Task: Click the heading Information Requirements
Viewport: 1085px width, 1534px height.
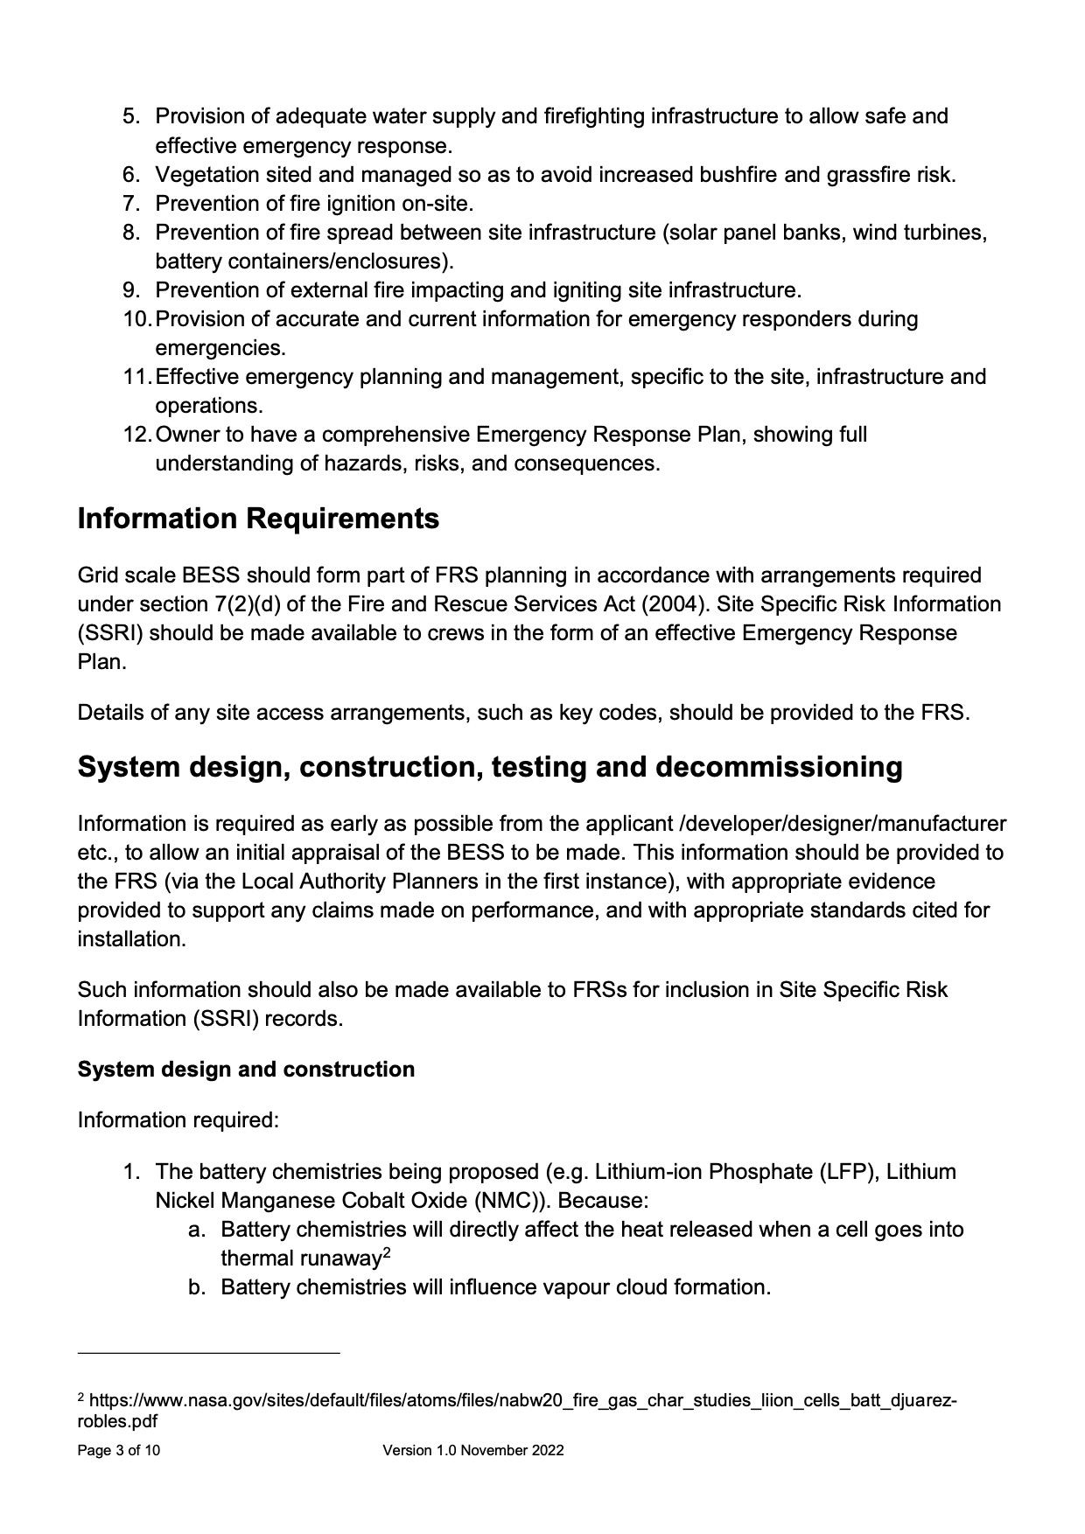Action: tap(258, 519)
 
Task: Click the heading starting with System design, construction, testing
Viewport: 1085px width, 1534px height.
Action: tap(490, 767)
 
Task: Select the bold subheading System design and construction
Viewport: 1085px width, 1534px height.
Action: tap(246, 1070)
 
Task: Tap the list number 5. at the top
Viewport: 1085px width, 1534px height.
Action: tap(130, 116)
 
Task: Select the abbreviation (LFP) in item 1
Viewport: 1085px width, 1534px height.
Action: tap(849, 1172)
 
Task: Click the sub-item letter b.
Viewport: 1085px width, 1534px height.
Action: tap(197, 1287)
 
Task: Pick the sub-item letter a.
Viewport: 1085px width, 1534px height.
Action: tap(197, 1230)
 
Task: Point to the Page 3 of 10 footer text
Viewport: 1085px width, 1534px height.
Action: tap(119, 1451)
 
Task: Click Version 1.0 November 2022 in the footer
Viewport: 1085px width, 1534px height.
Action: tap(472, 1451)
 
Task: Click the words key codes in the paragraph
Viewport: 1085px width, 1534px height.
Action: tap(619, 713)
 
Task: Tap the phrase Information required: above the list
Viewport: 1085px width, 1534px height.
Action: tap(178, 1120)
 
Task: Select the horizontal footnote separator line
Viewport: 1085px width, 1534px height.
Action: tap(208, 1354)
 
